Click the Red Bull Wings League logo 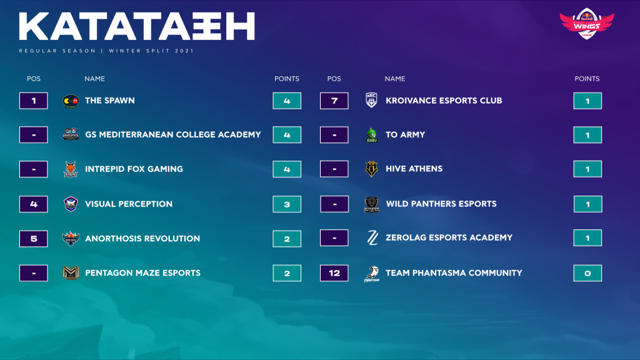coord(586,23)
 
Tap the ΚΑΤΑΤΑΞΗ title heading coord(137,26)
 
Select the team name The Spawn coord(110,101)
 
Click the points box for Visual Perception coord(287,204)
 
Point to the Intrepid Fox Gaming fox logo coord(71,169)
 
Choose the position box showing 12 coord(334,273)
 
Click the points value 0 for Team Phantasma coord(587,273)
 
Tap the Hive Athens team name coord(414,169)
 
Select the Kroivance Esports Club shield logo coord(371,101)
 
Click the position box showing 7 coord(334,101)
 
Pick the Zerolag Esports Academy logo coord(372,237)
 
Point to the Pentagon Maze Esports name coord(143,272)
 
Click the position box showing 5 coord(34,239)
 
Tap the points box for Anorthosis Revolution coord(287,239)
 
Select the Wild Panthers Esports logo coord(371,204)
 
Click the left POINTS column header coord(286,79)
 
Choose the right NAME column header coord(395,79)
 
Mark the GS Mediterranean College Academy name coord(173,134)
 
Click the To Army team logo coord(371,134)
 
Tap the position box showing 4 coord(34,204)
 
